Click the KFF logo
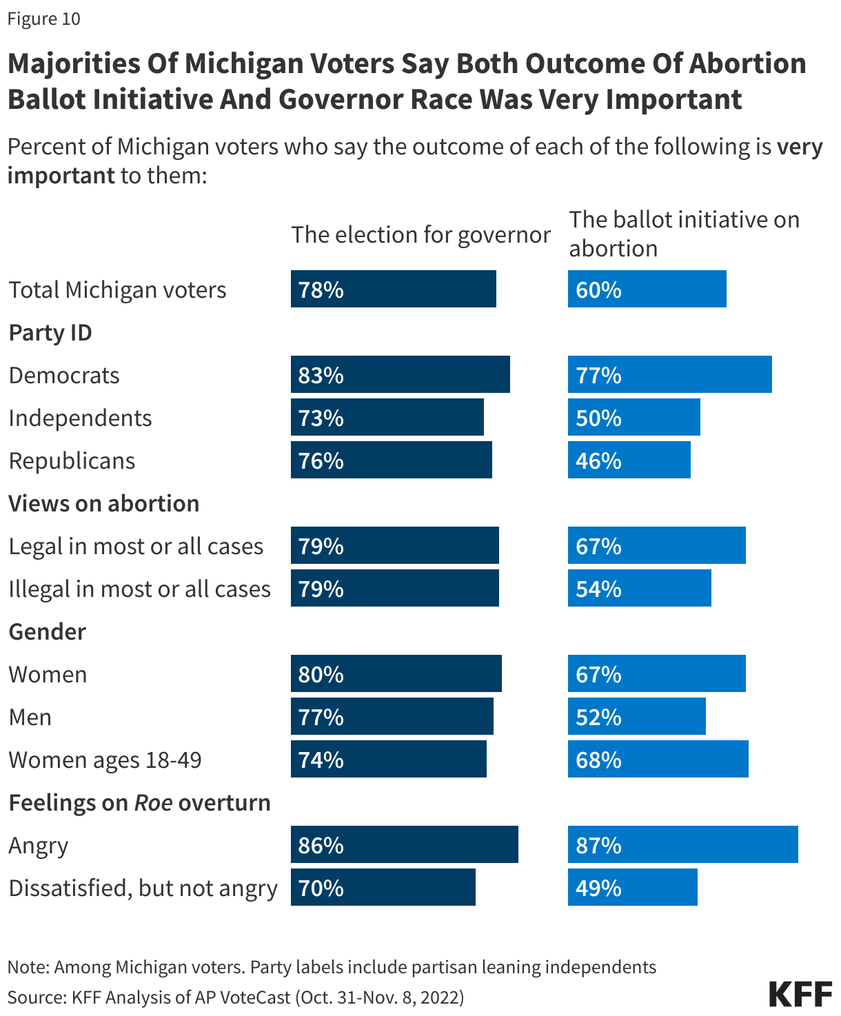click(800, 995)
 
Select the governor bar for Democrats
click(400, 374)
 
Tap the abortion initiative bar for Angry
click(682, 844)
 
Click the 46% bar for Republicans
click(629, 460)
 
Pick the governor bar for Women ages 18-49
click(388, 759)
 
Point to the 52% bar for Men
click(636, 716)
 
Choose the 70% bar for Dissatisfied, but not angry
click(383, 887)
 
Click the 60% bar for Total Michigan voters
click(647, 289)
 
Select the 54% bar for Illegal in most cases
click(639, 588)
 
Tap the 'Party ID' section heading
click(50, 332)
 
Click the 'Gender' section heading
click(47, 631)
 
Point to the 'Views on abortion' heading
click(103, 503)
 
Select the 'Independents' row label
click(80, 418)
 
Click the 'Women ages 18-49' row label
click(105, 760)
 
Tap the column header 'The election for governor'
click(420, 234)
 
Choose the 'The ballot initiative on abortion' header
click(684, 234)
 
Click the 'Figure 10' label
click(44, 19)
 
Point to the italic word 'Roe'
click(153, 802)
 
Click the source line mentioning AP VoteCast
click(236, 997)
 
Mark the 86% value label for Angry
click(321, 845)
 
